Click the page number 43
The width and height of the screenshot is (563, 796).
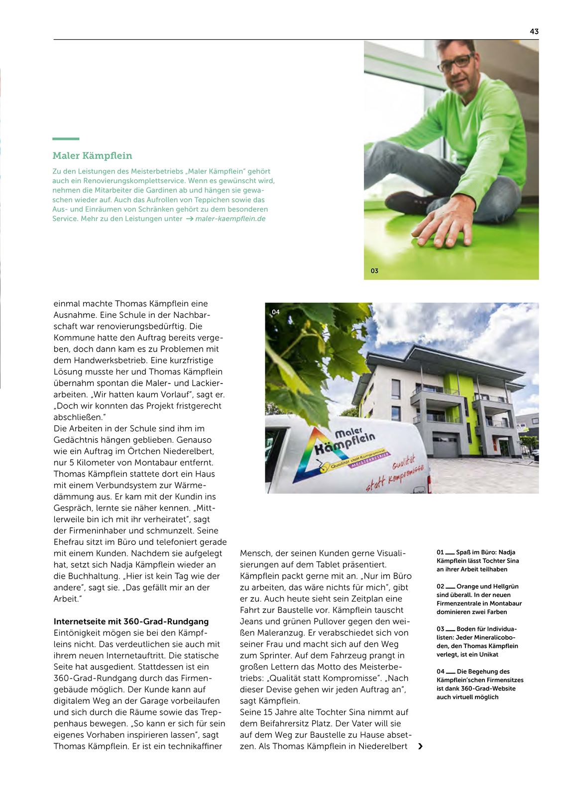[x=534, y=31]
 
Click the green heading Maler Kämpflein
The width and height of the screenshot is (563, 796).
[x=92, y=156]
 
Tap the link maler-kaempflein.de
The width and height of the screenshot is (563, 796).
[x=230, y=219]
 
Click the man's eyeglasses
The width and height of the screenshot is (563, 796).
[x=455, y=63]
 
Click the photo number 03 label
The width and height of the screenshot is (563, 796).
[x=374, y=271]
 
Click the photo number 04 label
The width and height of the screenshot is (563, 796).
[x=276, y=312]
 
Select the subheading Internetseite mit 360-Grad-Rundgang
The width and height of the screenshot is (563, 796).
[x=131, y=621]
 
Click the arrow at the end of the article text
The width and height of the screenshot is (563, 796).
[x=421, y=746]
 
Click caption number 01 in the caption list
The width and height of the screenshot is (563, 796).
[x=440, y=552]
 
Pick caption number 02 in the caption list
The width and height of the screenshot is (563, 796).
[x=440, y=587]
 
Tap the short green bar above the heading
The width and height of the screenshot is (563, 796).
[x=66, y=139]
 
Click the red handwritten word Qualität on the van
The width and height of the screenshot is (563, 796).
[x=403, y=463]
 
